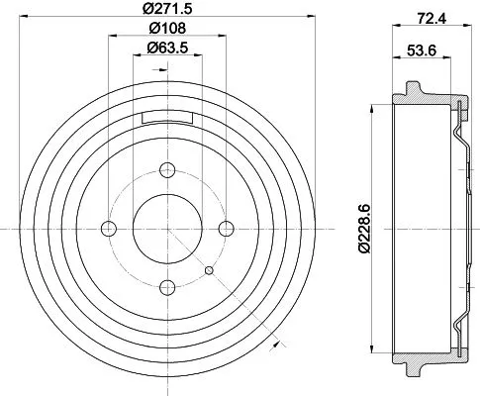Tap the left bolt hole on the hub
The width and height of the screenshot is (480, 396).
(x=109, y=229)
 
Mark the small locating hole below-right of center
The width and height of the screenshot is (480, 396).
(x=208, y=270)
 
